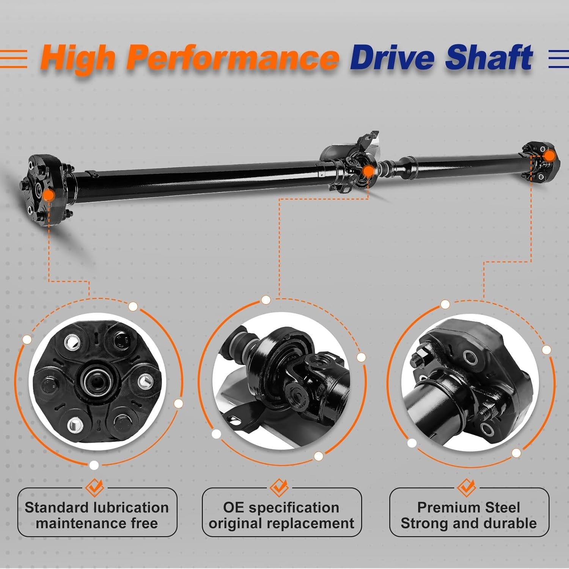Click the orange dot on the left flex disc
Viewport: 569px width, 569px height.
[x=48, y=195]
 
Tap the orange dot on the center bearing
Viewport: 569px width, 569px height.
[x=367, y=172]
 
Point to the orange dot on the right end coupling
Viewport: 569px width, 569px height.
[x=549, y=156]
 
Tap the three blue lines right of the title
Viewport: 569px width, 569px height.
[x=558, y=59]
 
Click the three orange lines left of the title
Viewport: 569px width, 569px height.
[x=13, y=59]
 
